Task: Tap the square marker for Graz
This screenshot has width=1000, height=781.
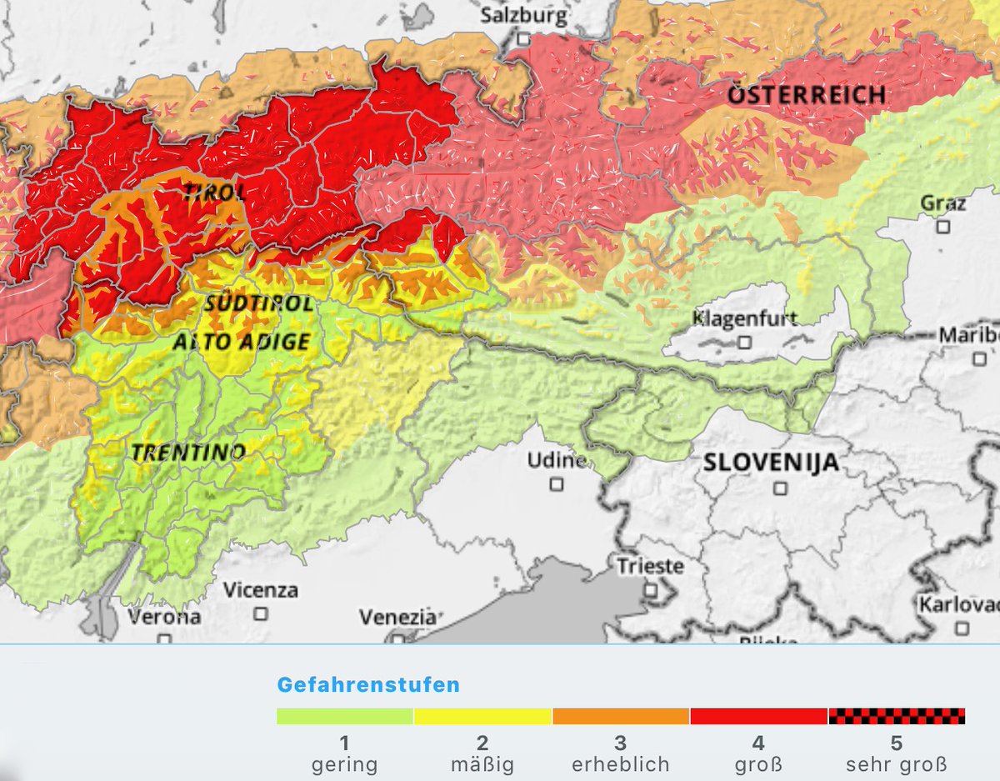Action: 942,226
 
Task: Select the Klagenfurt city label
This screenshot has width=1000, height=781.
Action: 744,318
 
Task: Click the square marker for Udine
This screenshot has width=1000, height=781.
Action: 556,483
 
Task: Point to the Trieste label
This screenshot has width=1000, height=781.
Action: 650,567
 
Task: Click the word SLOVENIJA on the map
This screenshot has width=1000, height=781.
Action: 771,463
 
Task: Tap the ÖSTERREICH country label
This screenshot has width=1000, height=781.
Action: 807,94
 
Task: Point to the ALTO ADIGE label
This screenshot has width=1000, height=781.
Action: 242,341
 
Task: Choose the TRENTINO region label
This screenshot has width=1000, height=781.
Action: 187,453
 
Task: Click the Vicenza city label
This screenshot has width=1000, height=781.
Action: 260,590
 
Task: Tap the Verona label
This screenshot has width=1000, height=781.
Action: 164,618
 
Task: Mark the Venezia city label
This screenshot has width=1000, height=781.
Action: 397,618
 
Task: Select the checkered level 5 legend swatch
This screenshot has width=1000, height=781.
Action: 897,716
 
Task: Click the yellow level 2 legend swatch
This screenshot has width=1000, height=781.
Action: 482,716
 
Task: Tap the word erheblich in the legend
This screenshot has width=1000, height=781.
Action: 620,763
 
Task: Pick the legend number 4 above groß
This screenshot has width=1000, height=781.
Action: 757,743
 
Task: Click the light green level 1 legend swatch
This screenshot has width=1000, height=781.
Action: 345,716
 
